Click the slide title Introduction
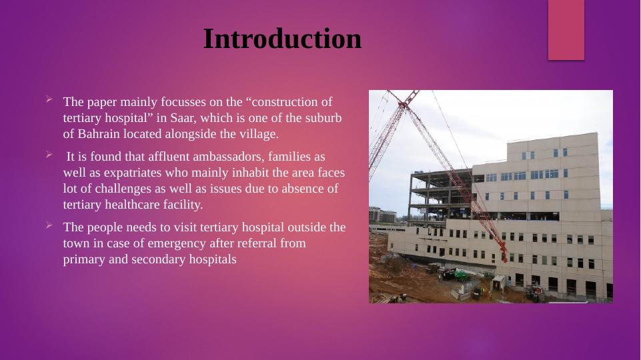[x=282, y=39]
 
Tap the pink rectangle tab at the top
[x=566, y=29]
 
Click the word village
[x=257, y=134]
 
